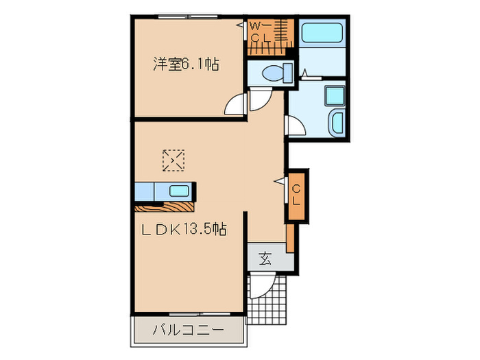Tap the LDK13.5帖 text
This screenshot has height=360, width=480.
[x=184, y=231]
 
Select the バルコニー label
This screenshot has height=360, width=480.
[x=187, y=330]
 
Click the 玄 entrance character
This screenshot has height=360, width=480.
[x=265, y=259]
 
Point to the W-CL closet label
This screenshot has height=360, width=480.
[x=258, y=32]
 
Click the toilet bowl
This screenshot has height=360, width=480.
[x=272, y=71]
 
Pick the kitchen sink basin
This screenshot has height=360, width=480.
[x=180, y=191]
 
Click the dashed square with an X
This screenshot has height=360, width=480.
[x=173, y=160]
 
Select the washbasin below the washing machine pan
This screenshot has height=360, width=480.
[x=337, y=123]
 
